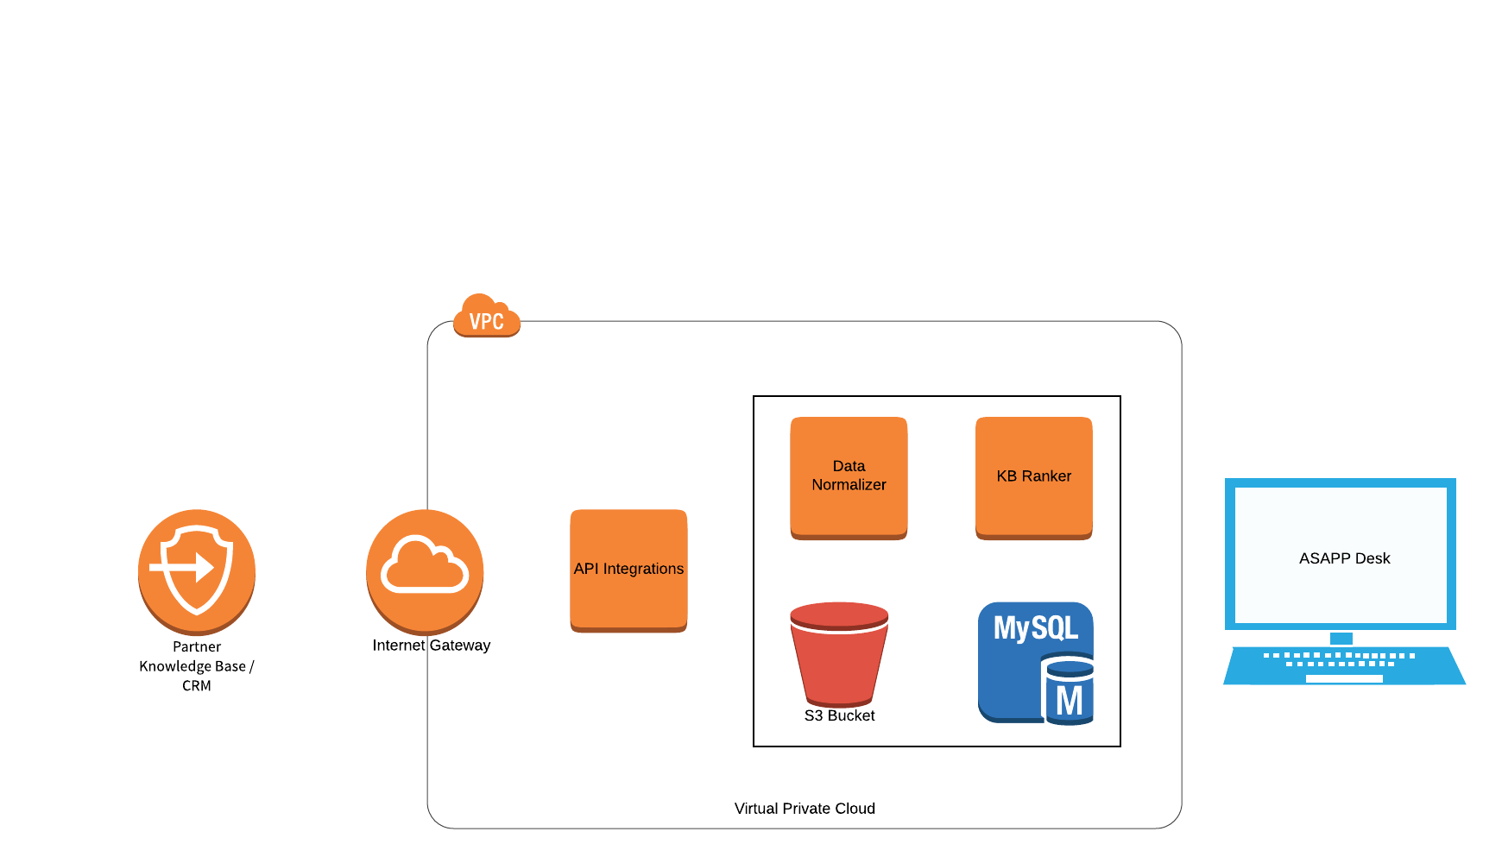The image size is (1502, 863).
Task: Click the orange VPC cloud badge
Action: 487,317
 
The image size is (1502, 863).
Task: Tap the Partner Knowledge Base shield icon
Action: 197,570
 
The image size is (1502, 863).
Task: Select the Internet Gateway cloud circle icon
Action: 425,570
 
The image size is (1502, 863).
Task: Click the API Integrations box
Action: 628,570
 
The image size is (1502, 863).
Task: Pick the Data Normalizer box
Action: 849,476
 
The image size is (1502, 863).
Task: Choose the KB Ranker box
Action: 1034,476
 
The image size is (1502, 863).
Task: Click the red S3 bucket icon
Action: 839,653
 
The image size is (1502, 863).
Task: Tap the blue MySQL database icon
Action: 1036,662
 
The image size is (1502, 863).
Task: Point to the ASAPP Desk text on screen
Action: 1344,558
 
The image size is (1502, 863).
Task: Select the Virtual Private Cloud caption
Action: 805,809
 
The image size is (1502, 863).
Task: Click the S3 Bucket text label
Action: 839,715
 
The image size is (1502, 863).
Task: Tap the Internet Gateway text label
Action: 432,646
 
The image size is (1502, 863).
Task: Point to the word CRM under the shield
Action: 197,686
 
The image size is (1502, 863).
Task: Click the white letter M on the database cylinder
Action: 1070,701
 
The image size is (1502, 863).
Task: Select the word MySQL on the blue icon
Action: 1036,627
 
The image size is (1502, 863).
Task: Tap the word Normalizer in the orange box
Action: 849,485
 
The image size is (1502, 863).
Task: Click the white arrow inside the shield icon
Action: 184,568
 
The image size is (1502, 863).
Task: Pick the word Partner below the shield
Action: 197,647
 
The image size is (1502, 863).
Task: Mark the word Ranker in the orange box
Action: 1046,476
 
